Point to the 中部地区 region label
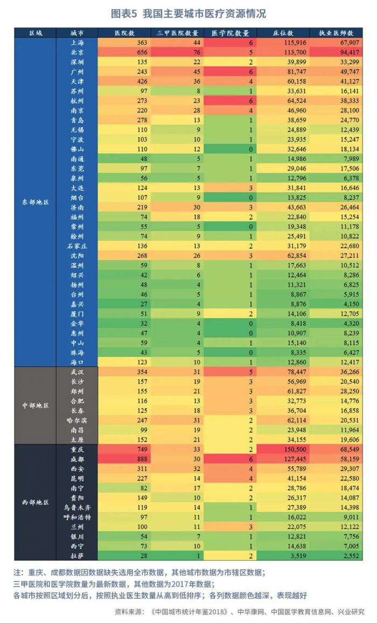pos(36,405)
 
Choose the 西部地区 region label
pos(36,502)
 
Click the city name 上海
pos(77,43)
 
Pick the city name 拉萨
pos(77,555)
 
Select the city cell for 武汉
pos(77,372)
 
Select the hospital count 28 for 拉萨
pos(143,555)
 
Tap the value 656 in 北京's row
pos(141,52)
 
